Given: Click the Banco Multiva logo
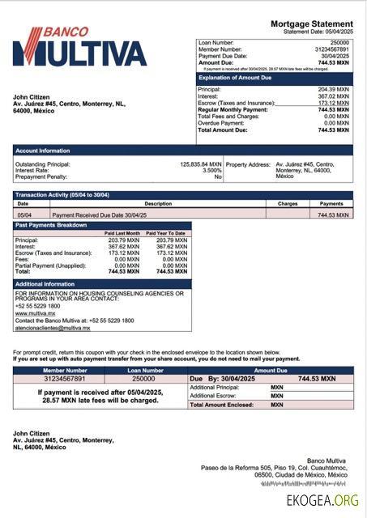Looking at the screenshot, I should point(79,47).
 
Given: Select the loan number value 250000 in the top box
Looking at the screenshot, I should point(339,42).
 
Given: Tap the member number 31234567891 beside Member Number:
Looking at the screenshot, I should point(330,49).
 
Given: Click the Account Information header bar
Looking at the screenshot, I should point(183,151).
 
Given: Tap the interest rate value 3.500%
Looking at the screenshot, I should point(211,170).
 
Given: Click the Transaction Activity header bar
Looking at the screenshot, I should point(183,195).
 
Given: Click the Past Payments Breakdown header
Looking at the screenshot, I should point(102,225).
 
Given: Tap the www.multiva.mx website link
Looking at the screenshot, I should point(32,313).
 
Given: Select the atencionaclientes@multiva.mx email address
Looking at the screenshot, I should point(53,328).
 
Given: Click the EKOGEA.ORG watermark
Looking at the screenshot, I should point(321,501).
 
